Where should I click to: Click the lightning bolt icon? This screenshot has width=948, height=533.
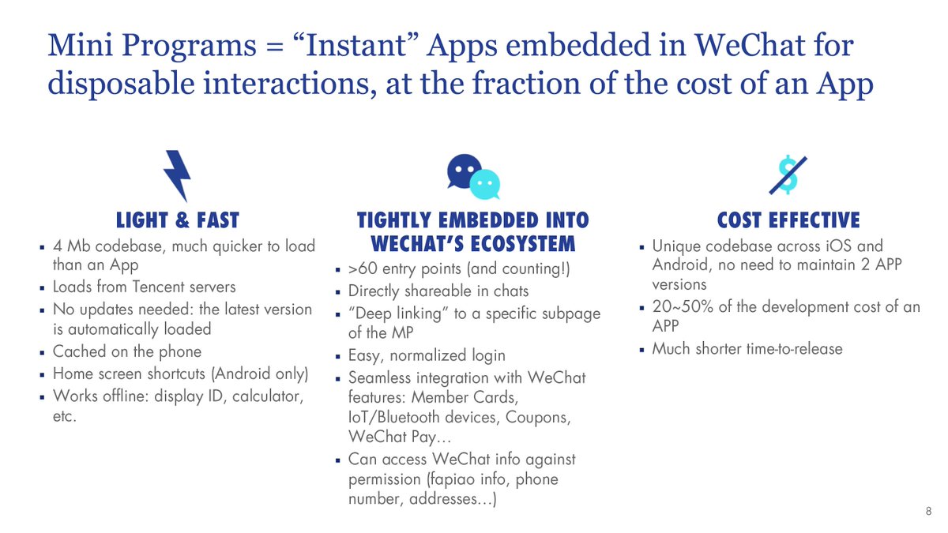point(176,175)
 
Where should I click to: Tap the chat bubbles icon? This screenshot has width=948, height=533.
point(473,175)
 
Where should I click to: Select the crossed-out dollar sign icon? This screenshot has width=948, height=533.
point(787,175)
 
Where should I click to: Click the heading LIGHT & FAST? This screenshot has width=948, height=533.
point(177,220)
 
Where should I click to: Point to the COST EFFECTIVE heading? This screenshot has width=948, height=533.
point(788,220)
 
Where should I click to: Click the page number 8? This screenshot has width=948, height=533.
point(928,512)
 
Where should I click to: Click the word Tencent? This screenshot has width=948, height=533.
point(155,287)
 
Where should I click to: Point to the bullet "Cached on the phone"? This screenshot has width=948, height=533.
point(127,351)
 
